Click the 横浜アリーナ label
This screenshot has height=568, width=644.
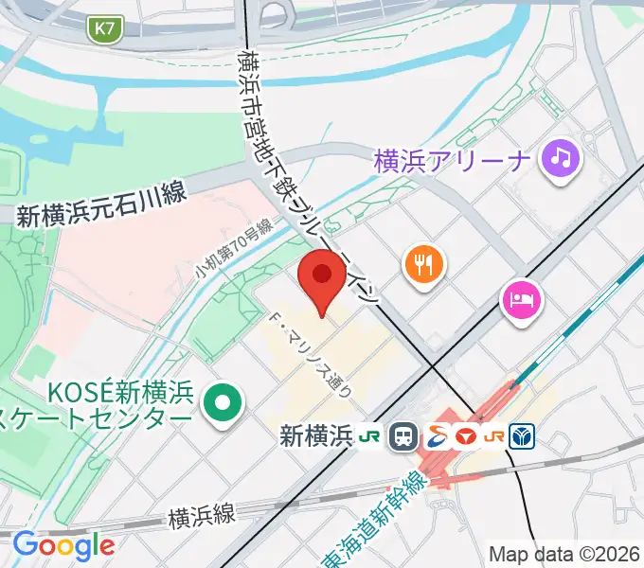pyautogui.click(x=451, y=159)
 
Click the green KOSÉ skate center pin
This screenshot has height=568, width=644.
pyautogui.click(x=223, y=403)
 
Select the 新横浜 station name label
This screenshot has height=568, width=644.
pyautogui.click(x=316, y=436)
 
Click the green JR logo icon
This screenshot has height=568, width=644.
pyautogui.click(x=368, y=436)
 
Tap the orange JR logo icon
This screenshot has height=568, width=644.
pyautogui.click(x=494, y=436)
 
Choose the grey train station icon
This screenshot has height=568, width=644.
pyautogui.click(x=404, y=436)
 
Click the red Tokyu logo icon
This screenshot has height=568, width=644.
pyautogui.click(x=465, y=436)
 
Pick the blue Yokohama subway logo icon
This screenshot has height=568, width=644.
pyautogui.click(x=524, y=436)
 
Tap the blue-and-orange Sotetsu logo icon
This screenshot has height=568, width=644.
pyautogui.click(x=437, y=436)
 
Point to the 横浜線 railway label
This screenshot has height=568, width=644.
pyautogui.click(x=201, y=516)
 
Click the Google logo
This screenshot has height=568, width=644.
pyautogui.click(x=63, y=545)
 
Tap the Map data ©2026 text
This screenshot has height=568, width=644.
pyautogui.click(x=564, y=554)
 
